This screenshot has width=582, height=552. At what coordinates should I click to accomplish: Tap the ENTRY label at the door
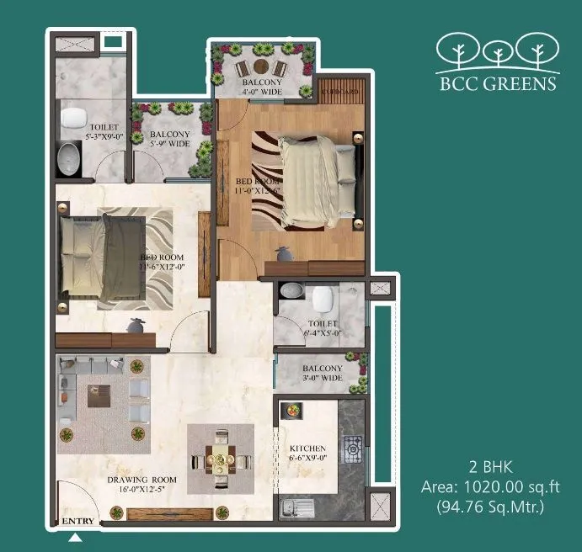tap(78, 522)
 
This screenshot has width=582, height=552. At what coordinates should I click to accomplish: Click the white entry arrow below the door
tap(76, 537)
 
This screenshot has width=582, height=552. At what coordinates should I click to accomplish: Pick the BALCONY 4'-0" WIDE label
tap(261, 88)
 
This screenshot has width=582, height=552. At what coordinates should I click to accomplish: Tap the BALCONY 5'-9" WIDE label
tap(169, 139)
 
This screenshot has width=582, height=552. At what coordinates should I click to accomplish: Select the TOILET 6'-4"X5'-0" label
tap(322, 327)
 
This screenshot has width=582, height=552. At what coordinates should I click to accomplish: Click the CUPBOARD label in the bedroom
tap(340, 91)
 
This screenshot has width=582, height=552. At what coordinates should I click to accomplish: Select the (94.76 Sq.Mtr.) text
tap(490, 506)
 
